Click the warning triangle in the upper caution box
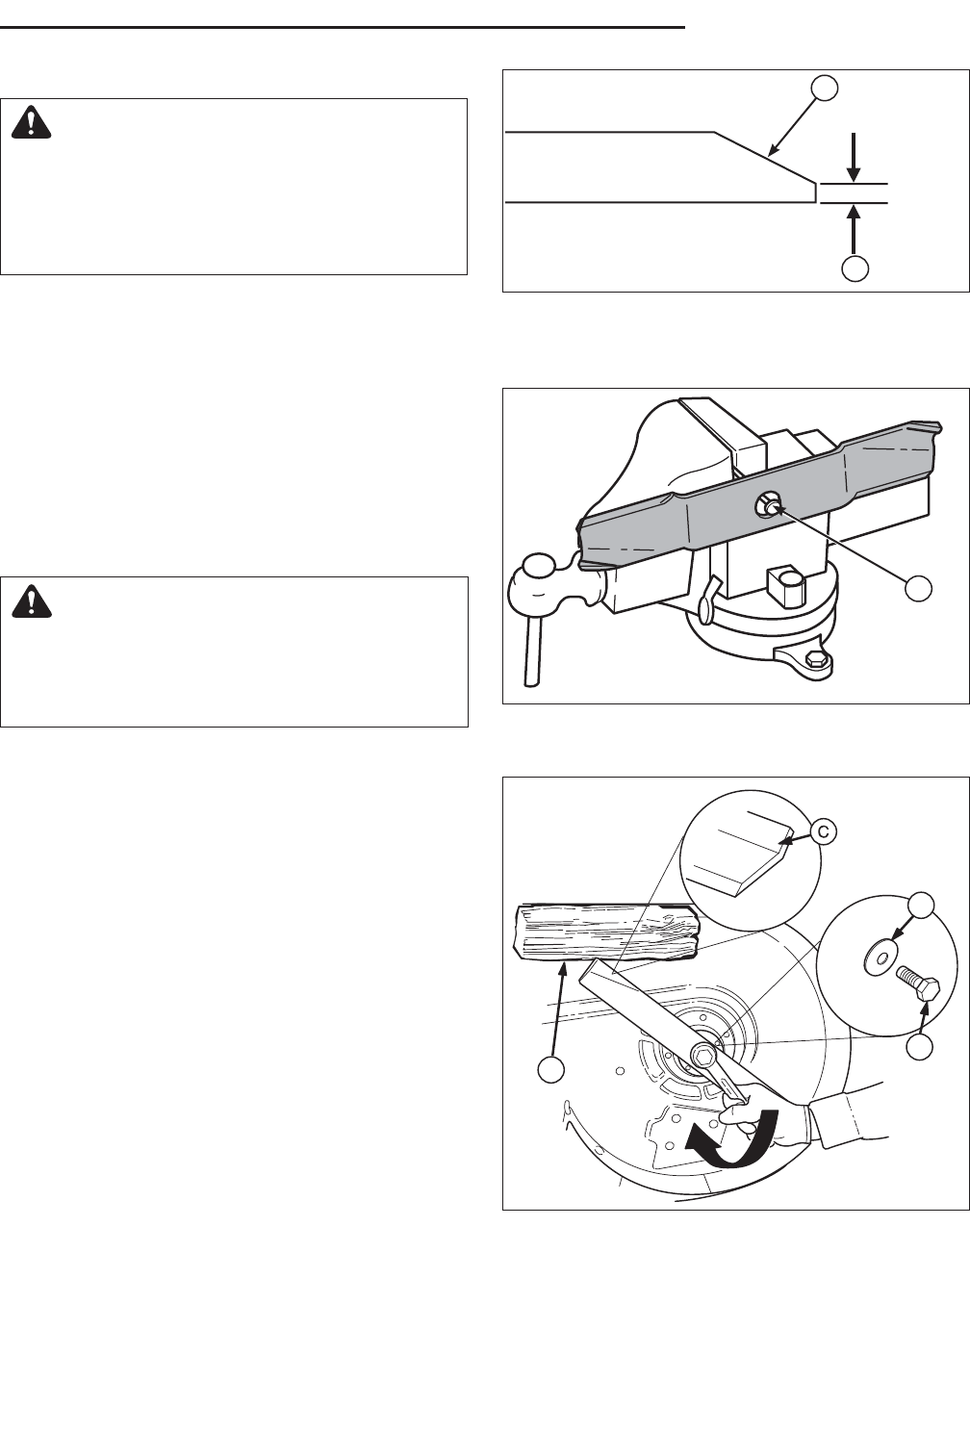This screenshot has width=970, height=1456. pos(31,122)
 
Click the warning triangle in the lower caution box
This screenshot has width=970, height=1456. pos(31,601)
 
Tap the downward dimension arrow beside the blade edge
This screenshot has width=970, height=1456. pos(855,157)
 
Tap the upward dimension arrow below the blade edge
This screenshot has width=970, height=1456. pos(855,228)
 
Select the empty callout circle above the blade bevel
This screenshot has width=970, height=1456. pos(825,88)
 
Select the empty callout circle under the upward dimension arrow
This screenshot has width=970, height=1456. pos(855,268)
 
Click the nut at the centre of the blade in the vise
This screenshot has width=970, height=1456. pos(765,503)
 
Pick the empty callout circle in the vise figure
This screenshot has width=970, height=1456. pos(918,588)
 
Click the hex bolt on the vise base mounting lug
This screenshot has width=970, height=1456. pos(813,659)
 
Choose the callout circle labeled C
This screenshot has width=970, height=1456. pos(823,831)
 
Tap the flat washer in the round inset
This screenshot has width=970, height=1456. pos(879,958)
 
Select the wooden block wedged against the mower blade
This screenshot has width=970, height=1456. pos(606,932)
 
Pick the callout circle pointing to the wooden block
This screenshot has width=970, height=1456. pos(550,1070)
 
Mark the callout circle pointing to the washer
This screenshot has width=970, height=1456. pos(921,905)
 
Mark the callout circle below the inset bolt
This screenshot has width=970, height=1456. pos(920,1047)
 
